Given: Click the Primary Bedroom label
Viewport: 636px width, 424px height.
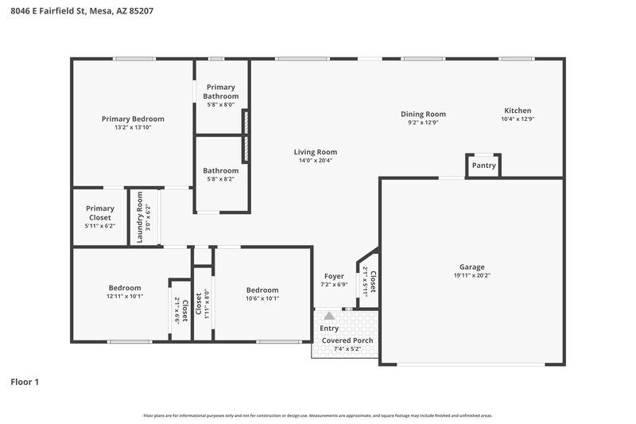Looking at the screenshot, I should point(132,119).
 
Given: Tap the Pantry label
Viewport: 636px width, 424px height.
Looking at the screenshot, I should point(483,165).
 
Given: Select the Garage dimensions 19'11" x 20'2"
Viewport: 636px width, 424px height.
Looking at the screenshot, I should point(471,276).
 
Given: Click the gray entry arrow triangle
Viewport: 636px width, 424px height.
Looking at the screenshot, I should point(329,316).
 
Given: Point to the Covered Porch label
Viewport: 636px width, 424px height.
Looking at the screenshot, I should point(347,340).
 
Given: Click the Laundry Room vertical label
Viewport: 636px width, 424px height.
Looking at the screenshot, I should point(139,218).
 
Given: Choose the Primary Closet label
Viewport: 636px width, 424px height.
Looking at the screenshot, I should point(99,212).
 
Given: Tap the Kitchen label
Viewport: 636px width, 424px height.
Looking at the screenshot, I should point(518,111).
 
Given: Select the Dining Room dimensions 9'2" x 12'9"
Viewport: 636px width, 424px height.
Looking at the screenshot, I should point(423,123).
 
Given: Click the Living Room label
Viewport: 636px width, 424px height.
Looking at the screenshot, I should point(316,152).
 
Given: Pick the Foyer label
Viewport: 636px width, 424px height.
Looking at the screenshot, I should point(334,276).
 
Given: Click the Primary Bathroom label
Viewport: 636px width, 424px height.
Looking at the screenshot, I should point(220,91).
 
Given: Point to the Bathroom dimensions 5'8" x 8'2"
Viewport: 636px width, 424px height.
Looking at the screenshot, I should point(220,179).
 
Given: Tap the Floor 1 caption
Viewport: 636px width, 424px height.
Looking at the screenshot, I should point(25,382).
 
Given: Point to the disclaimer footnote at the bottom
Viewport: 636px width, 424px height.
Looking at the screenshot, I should point(318,415).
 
